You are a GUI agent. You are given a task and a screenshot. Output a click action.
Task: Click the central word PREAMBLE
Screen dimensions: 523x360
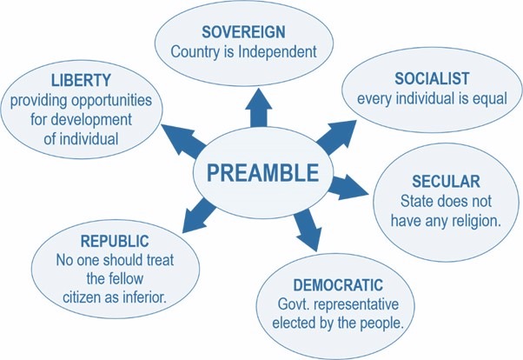pyautogui.click(x=263, y=173)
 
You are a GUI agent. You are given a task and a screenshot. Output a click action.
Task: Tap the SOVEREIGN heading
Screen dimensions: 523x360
pyautogui.click(x=243, y=32)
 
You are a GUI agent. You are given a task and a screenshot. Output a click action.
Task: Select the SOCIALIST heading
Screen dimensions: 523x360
pyautogui.click(x=432, y=79)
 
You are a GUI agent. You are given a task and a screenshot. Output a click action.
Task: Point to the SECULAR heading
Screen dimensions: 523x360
pyautogui.click(x=446, y=182)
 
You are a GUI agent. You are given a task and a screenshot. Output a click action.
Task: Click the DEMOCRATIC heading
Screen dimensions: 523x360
pyautogui.click(x=338, y=285)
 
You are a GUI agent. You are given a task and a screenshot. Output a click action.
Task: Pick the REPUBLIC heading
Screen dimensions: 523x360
pyautogui.click(x=115, y=241)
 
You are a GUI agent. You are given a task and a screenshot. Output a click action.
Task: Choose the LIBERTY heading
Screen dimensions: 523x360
pyautogui.click(x=81, y=81)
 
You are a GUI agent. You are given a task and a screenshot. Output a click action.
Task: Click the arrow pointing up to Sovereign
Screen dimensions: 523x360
pyautogui.click(x=259, y=108)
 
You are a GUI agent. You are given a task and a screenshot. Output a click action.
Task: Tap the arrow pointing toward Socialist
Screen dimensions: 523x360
pyautogui.click(x=336, y=137)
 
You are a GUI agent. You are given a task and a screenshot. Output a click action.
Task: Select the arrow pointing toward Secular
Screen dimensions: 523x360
pyautogui.click(x=348, y=187)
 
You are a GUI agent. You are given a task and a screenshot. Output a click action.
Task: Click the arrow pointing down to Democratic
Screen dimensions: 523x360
pyautogui.click(x=308, y=230)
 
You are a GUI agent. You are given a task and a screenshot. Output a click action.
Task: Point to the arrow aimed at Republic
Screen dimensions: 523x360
pyautogui.click(x=200, y=215)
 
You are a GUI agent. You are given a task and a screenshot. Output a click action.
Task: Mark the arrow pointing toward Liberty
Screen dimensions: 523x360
pyautogui.click(x=184, y=141)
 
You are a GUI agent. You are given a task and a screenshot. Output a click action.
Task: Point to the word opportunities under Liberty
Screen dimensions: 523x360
pyautogui.click(x=112, y=101)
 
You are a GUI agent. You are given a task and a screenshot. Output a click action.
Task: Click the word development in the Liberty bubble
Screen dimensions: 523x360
pyautogui.click(x=91, y=120)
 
